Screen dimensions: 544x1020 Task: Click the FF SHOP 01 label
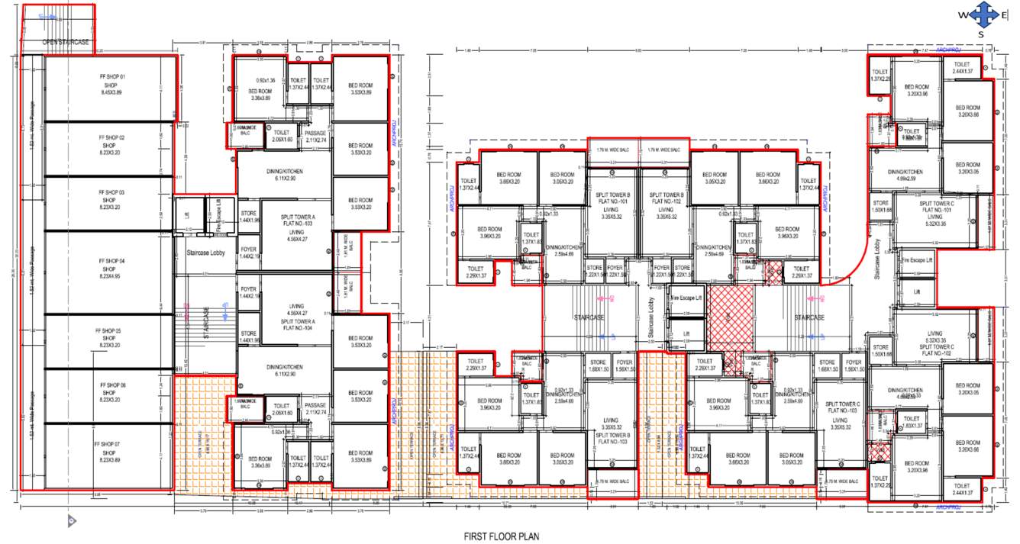click(111, 78)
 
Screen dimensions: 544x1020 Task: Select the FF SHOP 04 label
click(111, 261)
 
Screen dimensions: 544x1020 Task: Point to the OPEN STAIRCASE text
click(66, 43)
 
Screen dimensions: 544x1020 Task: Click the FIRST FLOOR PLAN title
click(501, 536)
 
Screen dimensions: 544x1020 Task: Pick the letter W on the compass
click(964, 15)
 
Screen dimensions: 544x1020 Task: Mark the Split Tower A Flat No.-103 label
click(297, 222)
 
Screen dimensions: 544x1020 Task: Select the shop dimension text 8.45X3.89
click(111, 92)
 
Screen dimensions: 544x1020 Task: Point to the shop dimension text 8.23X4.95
click(111, 275)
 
